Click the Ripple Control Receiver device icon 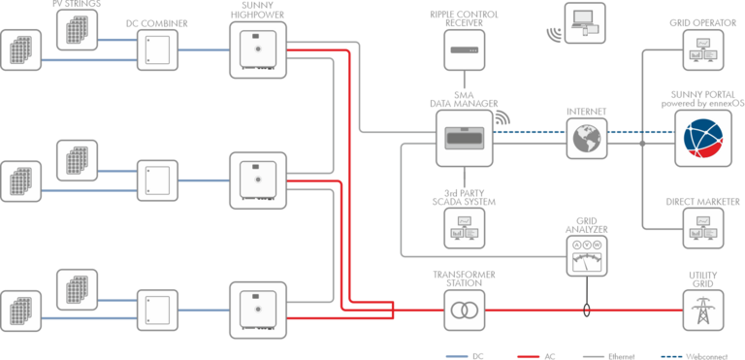(x=465, y=49)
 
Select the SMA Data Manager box (x=465, y=138)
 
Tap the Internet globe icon (x=587, y=139)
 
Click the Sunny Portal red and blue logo (x=703, y=138)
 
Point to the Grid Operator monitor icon (x=702, y=50)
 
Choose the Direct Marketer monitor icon (x=702, y=228)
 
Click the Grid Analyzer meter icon (x=587, y=255)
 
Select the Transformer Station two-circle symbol (x=465, y=311)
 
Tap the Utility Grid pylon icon (x=702, y=311)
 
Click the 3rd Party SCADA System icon (x=465, y=228)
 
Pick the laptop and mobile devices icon (x=585, y=23)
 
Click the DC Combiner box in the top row (x=158, y=49)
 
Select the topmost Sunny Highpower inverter (x=258, y=49)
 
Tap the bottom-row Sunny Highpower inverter (x=258, y=311)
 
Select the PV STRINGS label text (x=77, y=4)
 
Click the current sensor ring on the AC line (x=587, y=311)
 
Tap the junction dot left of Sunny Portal (x=642, y=144)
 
